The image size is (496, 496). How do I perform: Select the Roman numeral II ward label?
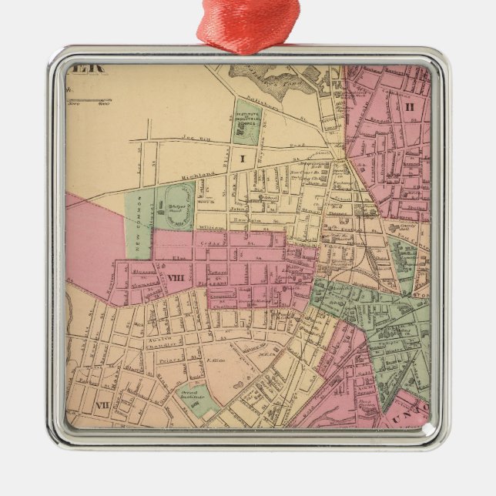tap(409, 106)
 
